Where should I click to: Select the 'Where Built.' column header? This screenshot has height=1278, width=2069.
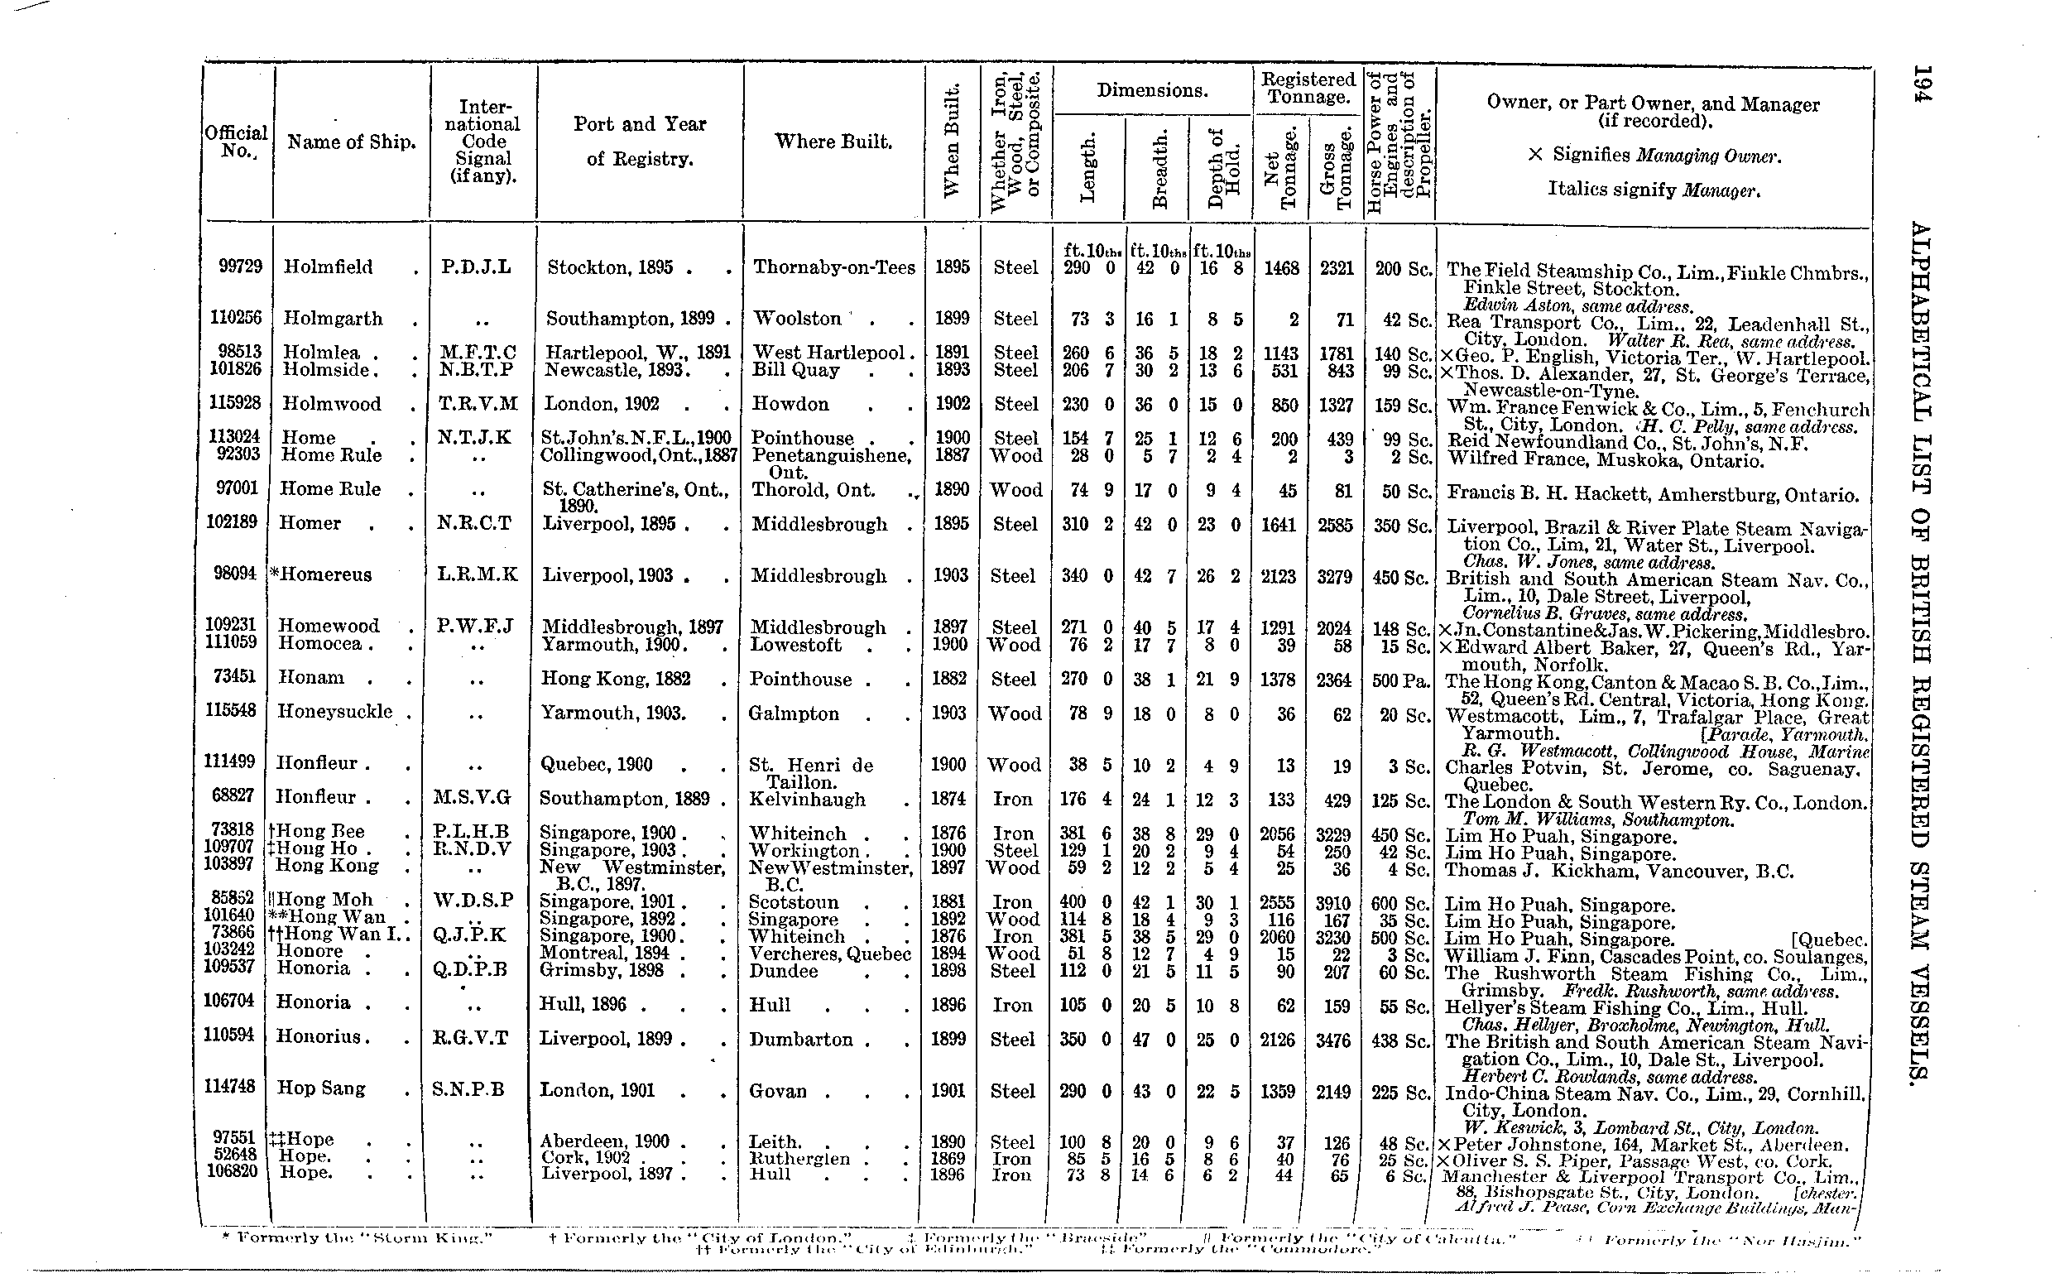(x=833, y=142)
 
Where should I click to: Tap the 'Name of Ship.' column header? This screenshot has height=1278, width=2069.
(x=352, y=142)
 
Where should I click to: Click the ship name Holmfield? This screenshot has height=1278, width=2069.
(x=328, y=267)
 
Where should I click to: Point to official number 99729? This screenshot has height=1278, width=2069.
(x=240, y=267)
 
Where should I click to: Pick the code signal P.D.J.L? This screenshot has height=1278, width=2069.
(x=476, y=267)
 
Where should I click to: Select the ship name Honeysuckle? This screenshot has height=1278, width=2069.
(x=334, y=712)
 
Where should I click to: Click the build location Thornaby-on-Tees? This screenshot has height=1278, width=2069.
(x=833, y=267)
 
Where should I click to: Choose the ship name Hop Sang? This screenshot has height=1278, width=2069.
(x=321, y=1088)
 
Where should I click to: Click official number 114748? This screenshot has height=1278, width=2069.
(x=229, y=1086)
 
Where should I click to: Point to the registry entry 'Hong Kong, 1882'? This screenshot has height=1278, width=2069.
(x=616, y=679)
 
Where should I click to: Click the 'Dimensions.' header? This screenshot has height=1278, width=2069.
(x=1152, y=91)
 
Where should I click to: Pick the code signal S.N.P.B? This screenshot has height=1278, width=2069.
(x=468, y=1089)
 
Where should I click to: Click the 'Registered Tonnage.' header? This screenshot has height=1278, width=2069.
(x=1308, y=88)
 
